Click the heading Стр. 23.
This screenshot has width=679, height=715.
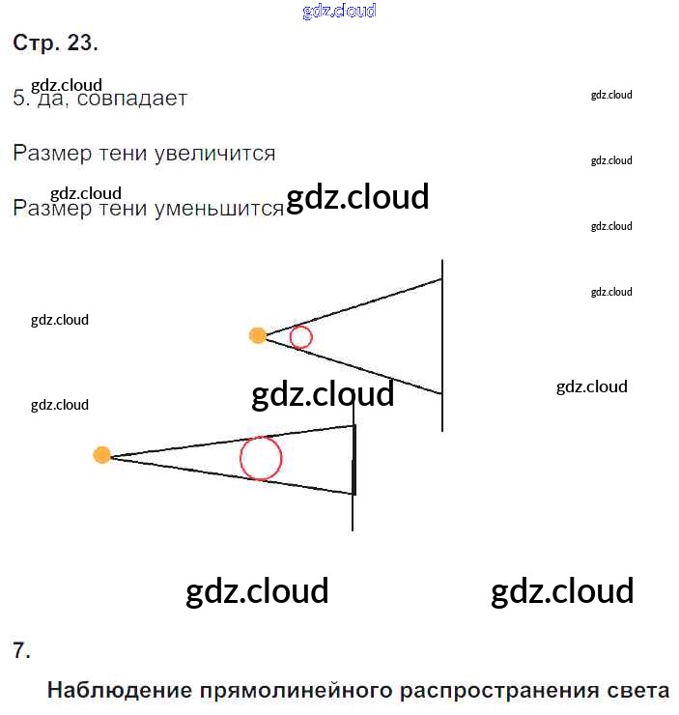pyautogui.click(x=55, y=43)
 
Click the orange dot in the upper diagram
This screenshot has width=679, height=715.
pyautogui.click(x=257, y=335)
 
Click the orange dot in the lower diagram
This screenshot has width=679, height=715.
pyautogui.click(x=101, y=455)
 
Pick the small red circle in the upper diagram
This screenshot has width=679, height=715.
pyautogui.click(x=300, y=337)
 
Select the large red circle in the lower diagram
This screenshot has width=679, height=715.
pyautogui.click(x=261, y=458)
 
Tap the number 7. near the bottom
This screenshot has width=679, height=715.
pyautogui.click(x=21, y=650)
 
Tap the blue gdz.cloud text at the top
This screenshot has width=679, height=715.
pyautogui.click(x=339, y=12)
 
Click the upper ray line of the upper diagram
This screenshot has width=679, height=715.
pyautogui.click(x=357, y=305)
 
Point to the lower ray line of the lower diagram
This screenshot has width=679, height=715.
pyautogui.click(x=232, y=475)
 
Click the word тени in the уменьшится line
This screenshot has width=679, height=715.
pyautogui.click(x=122, y=209)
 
